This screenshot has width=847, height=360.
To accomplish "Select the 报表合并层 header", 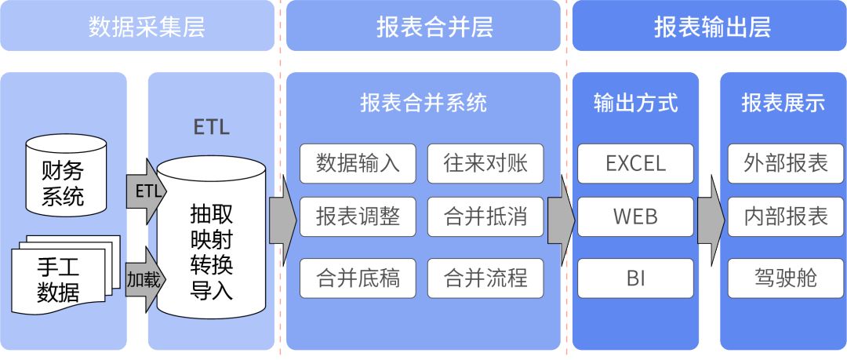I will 423,27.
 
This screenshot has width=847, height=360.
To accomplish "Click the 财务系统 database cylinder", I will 66,179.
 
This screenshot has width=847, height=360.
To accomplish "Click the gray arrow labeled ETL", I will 144,191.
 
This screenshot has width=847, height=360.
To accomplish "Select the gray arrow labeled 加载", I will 144,278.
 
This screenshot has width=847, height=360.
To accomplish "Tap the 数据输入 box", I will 358,163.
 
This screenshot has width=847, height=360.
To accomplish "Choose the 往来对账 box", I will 485,163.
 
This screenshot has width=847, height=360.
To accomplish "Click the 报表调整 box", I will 358,216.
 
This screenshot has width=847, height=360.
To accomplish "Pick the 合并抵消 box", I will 485,216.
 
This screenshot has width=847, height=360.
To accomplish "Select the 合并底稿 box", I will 358,278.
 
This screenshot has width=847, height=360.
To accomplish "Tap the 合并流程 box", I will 485,278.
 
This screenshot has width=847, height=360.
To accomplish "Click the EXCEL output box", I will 636,163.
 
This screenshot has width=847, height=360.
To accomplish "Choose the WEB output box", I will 636,216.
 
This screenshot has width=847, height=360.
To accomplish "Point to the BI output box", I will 636,278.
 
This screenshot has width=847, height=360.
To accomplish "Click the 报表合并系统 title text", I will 423,103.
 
